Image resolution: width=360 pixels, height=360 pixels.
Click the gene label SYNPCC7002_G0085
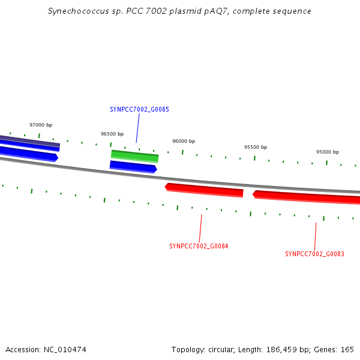139,109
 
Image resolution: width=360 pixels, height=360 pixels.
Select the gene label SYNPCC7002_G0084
199,246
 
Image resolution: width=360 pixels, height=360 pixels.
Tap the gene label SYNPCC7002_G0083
314,254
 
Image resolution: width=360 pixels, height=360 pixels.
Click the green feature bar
135,157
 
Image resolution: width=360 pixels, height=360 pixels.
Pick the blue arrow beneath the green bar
133,167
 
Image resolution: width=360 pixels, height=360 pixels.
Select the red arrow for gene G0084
204,190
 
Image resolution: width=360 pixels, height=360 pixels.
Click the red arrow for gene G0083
307,197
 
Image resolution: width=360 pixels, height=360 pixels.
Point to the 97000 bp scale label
41,125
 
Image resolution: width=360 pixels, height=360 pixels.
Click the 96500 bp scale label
112,134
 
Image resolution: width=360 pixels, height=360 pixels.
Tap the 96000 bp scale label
184,141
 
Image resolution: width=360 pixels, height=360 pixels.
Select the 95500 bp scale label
256,147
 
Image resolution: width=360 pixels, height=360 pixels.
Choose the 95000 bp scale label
328,152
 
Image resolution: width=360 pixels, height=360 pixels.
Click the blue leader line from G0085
138,128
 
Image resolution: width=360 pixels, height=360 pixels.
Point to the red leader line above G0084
200,228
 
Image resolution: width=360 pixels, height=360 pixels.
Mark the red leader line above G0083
315,236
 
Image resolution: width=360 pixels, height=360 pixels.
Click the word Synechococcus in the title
79,11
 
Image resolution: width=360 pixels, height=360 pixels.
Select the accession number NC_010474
65,350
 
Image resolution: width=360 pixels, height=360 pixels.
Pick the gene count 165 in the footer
347,350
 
